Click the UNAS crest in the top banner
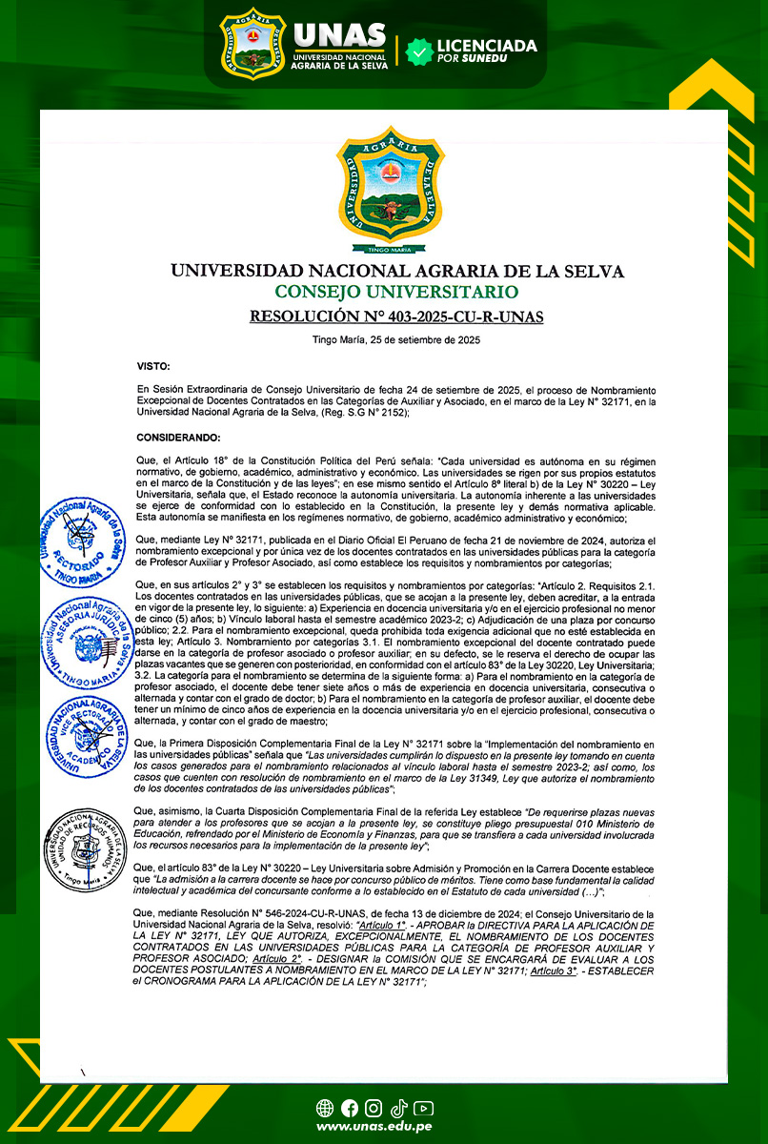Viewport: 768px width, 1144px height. pos(253,44)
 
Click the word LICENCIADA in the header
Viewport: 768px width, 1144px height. pos(486,45)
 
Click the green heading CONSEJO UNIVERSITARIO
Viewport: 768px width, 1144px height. pos(396,292)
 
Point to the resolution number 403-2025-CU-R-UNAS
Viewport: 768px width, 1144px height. pos(396,317)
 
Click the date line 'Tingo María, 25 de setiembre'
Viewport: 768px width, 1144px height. pos(396,340)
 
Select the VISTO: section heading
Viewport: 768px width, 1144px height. pos(153,366)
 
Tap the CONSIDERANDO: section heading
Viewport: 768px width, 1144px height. pos(178,438)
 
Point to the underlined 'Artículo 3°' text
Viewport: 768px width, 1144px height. pos(557,969)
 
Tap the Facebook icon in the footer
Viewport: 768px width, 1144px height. pos(349,1108)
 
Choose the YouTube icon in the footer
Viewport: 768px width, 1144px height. pos(424,1108)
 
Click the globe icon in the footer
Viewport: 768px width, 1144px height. pos(324,1108)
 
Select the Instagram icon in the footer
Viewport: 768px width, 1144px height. pos(374,1108)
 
